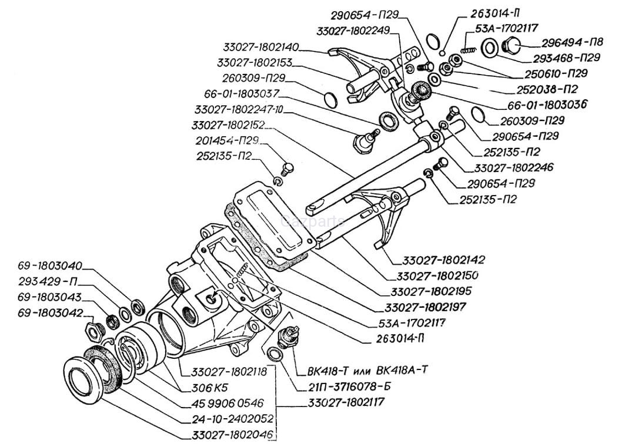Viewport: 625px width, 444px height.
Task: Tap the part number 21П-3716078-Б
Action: [x=349, y=387]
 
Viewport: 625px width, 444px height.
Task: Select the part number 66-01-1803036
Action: [x=553, y=105]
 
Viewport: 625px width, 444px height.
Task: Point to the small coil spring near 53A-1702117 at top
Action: [x=467, y=49]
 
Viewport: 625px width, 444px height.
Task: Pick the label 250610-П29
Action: [x=556, y=73]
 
